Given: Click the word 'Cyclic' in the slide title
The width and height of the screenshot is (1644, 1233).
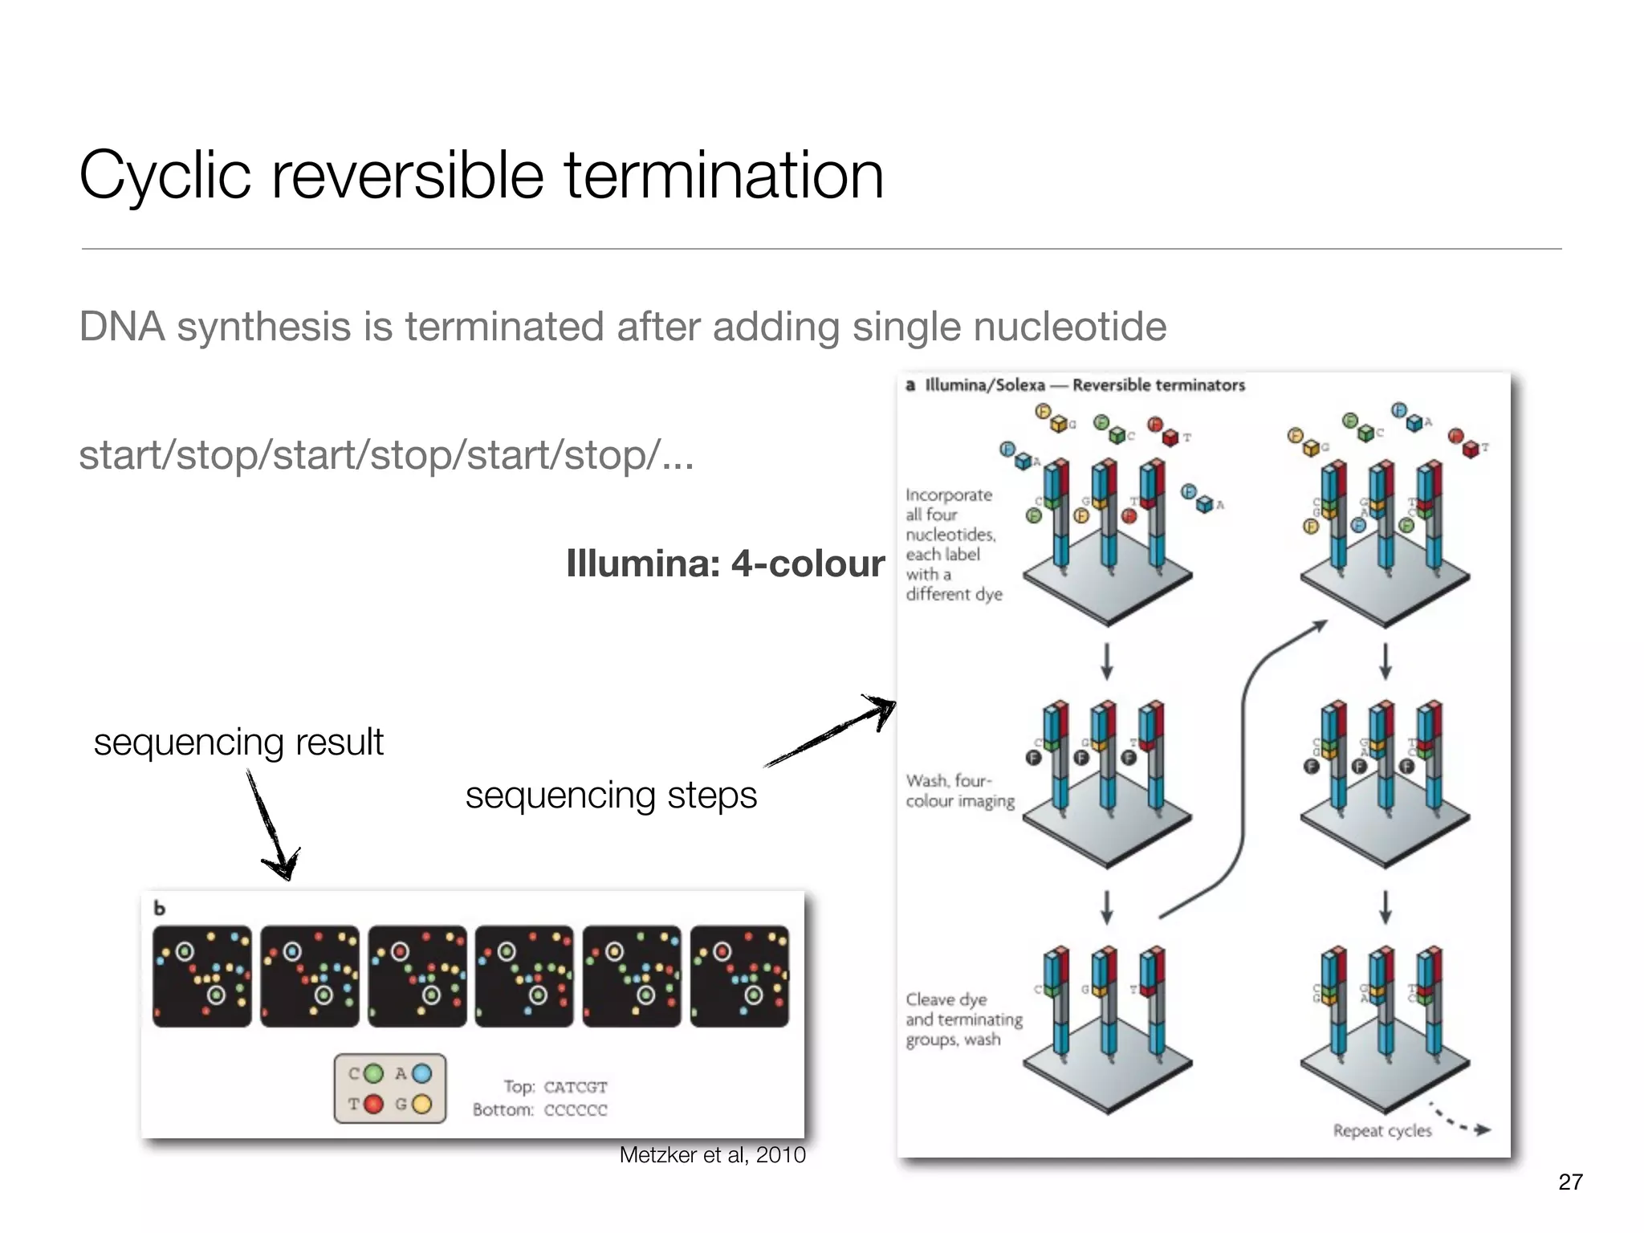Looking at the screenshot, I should (x=165, y=177).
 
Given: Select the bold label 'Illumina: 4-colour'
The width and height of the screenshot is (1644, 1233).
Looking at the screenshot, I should (x=725, y=564).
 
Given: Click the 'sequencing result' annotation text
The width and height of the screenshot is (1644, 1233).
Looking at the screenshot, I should (x=238, y=743).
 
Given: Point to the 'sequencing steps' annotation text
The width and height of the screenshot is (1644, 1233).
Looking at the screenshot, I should (x=611, y=796).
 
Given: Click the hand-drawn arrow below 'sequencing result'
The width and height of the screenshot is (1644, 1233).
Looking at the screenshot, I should (x=273, y=827).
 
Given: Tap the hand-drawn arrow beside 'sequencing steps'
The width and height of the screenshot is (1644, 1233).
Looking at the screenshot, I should (x=831, y=730).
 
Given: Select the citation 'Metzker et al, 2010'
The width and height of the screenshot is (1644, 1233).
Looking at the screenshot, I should (x=712, y=1155).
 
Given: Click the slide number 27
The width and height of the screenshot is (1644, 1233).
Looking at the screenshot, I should (x=1570, y=1182).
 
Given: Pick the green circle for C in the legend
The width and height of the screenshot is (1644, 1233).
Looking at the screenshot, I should (x=374, y=1074).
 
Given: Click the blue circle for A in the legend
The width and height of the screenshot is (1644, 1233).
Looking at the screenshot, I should (x=421, y=1074).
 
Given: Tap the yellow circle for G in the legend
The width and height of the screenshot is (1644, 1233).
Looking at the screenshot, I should (x=421, y=1105).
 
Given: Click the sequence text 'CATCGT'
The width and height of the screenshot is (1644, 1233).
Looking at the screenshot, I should (x=576, y=1087).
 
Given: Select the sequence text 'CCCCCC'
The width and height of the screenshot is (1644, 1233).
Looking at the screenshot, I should (x=576, y=1110).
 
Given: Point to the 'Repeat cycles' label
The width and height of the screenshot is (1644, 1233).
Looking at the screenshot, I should (x=1382, y=1130).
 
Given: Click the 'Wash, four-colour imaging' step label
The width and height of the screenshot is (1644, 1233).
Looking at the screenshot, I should (x=960, y=791).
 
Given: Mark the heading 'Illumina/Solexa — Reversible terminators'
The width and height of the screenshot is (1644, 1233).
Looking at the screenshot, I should (x=1084, y=385).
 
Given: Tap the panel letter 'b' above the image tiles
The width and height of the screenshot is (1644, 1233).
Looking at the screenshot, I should (x=160, y=908).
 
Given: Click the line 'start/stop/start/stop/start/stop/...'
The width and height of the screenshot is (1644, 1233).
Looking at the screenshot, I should (x=386, y=455).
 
